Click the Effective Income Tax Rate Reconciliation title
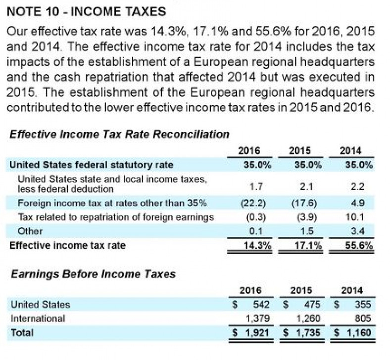pyautogui.click(x=119, y=134)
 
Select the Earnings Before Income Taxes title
pyautogui.click(x=93, y=273)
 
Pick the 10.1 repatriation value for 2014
pyautogui.click(x=357, y=217)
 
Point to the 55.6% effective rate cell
pyautogui.click(x=356, y=245)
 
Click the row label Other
pyautogui.click(x=30, y=231)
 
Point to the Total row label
pyautogui.click(x=22, y=333)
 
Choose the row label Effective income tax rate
pyautogui.click(x=67, y=245)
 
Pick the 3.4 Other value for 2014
pyautogui.click(x=358, y=231)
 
